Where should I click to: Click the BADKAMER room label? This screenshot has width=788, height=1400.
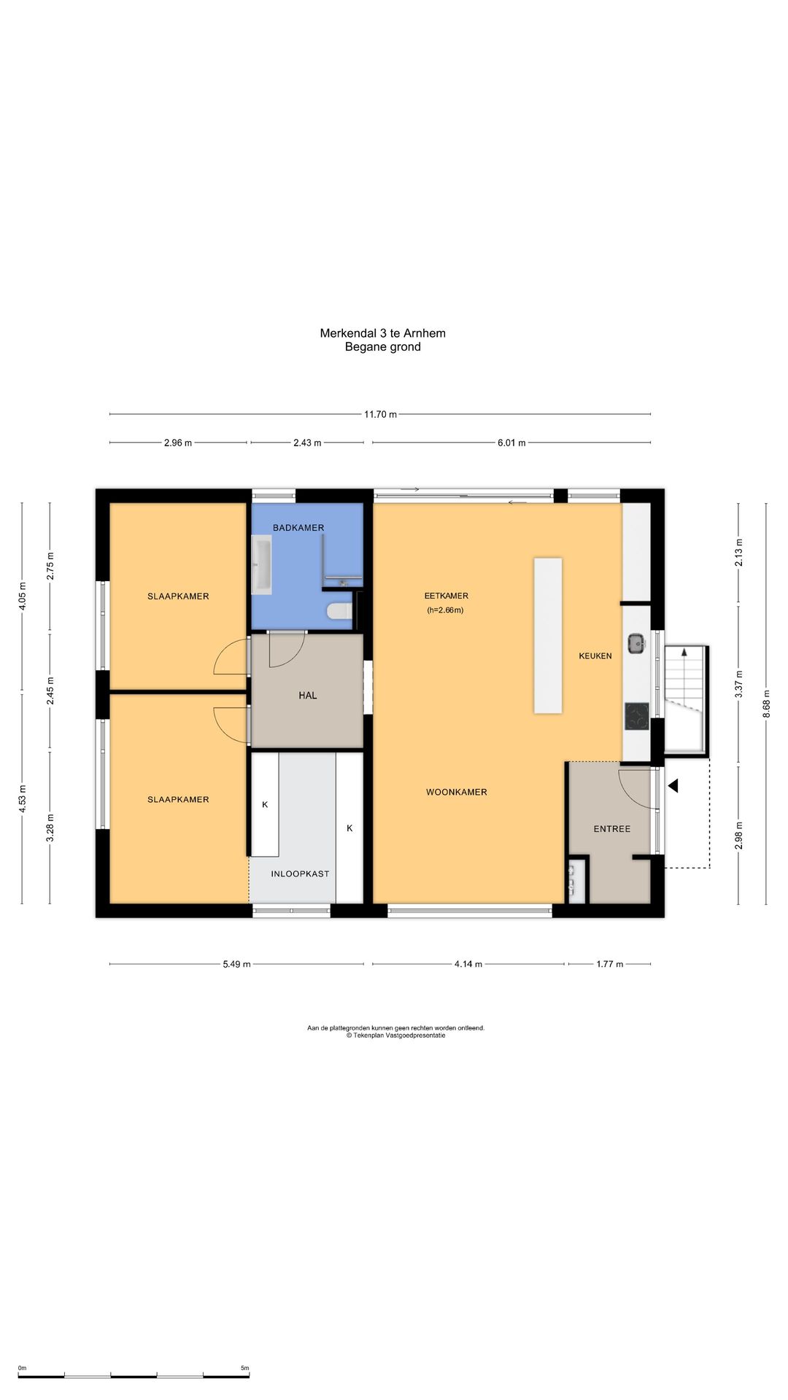pyautogui.click(x=298, y=527)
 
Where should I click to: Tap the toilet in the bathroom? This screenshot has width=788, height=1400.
pyautogui.click(x=340, y=611)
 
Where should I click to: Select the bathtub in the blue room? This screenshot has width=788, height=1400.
pyautogui.click(x=262, y=564)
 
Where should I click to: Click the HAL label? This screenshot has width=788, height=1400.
pyautogui.click(x=308, y=696)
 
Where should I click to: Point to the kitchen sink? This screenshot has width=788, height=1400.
pyautogui.click(x=636, y=642)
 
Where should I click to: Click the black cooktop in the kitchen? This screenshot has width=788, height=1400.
pyautogui.click(x=637, y=716)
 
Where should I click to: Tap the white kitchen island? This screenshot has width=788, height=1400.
pyautogui.click(x=548, y=635)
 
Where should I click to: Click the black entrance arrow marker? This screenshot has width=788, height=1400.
pyautogui.click(x=673, y=785)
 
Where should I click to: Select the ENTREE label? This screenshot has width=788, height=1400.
pyautogui.click(x=612, y=829)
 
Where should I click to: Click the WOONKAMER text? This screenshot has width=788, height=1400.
pyautogui.click(x=457, y=792)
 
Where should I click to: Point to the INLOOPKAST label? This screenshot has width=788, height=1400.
pyautogui.click(x=300, y=874)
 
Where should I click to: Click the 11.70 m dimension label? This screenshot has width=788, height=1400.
pyautogui.click(x=381, y=414)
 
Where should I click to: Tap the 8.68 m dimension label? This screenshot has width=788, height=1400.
pyautogui.click(x=766, y=704)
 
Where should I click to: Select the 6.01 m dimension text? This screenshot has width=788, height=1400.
pyautogui.click(x=511, y=443)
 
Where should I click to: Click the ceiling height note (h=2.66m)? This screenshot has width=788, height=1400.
pyautogui.click(x=445, y=610)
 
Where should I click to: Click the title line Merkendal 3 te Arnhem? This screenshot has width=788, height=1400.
pyautogui.click(x=383, y=333)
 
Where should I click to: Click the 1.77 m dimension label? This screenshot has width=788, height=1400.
pyautogui.click(x=610, y=964)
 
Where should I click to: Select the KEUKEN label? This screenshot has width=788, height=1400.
pyautogui.click(x=595, y=656)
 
